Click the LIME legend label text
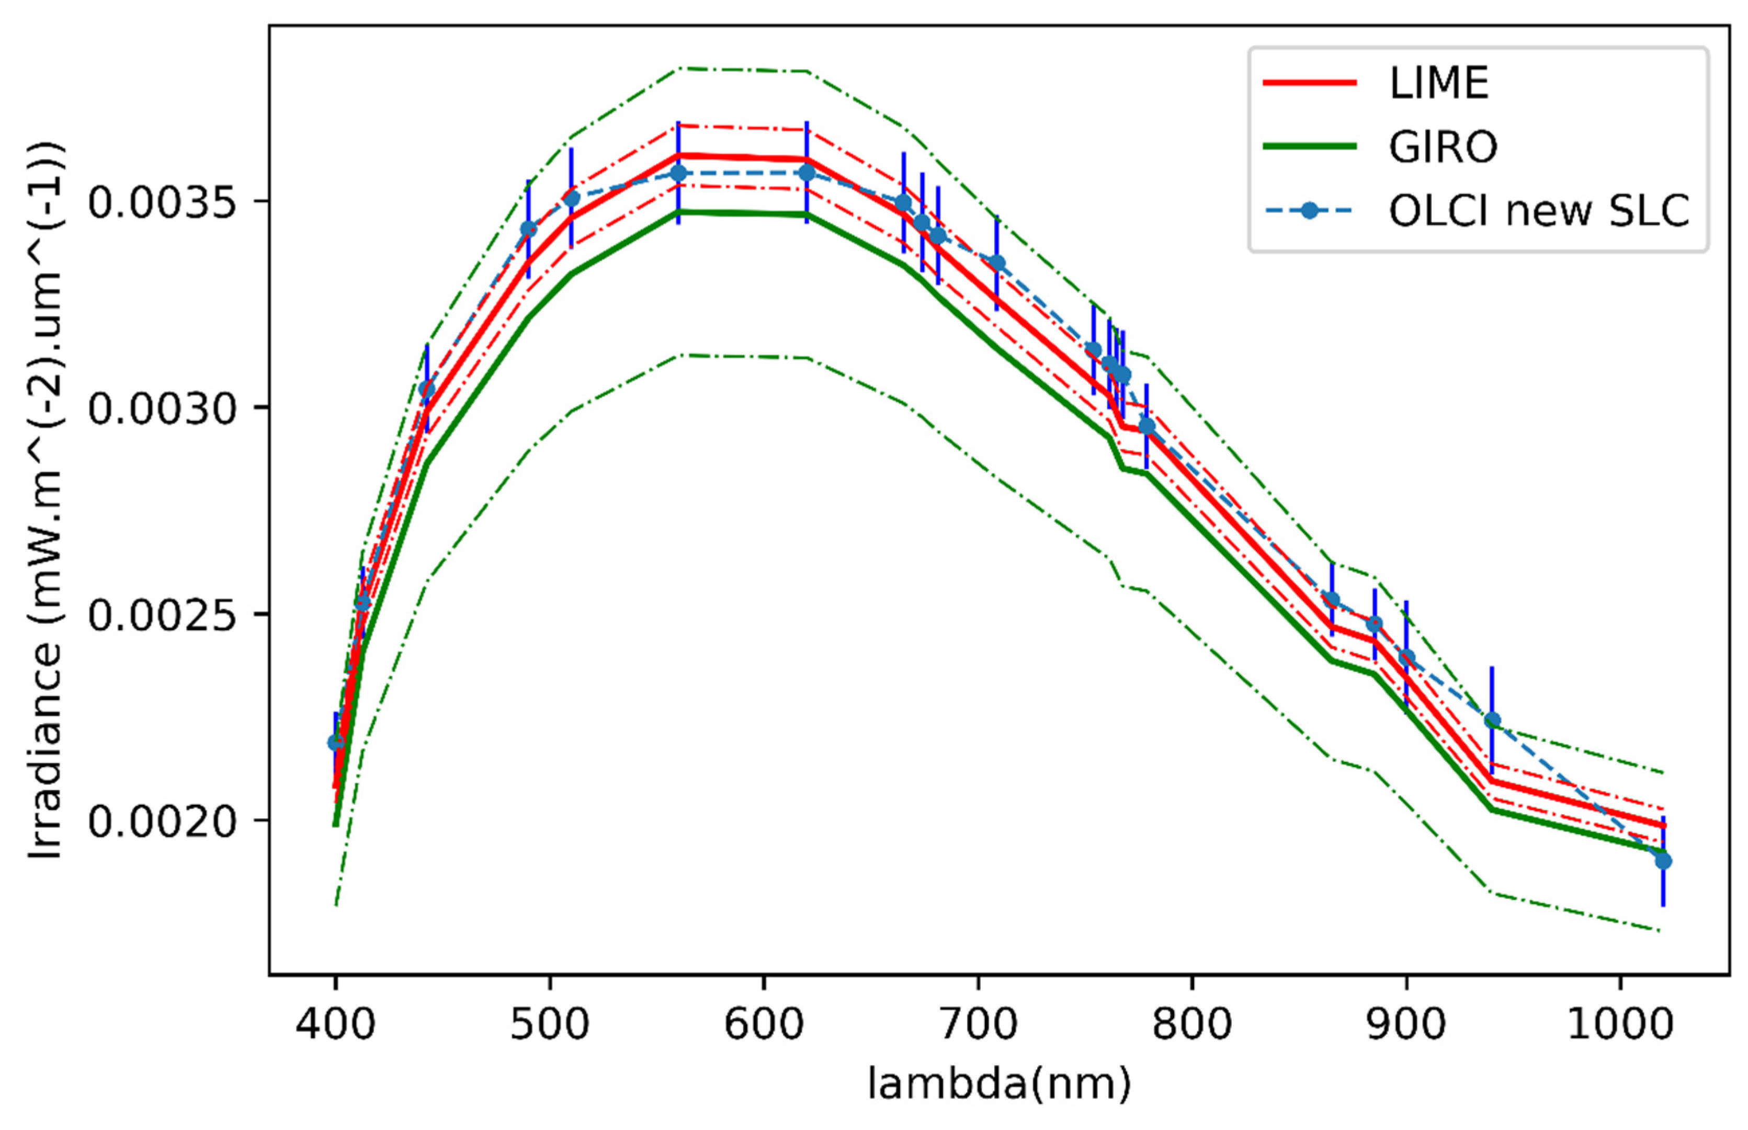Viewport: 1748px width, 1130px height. point(1438,83)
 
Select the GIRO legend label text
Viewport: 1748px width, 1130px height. point(1443,147)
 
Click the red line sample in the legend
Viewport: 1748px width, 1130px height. point(1309,83)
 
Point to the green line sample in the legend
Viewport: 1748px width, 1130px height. point(1309,147)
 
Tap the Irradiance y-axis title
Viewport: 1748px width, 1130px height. point(46,499)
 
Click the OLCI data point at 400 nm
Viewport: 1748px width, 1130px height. point(335,743)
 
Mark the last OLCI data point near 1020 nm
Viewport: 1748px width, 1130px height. point(1663,861)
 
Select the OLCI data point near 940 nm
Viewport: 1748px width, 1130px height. point(1492,721)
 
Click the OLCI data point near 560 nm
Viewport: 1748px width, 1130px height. point(678,173)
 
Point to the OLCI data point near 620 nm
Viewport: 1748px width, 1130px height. point(807,173)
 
